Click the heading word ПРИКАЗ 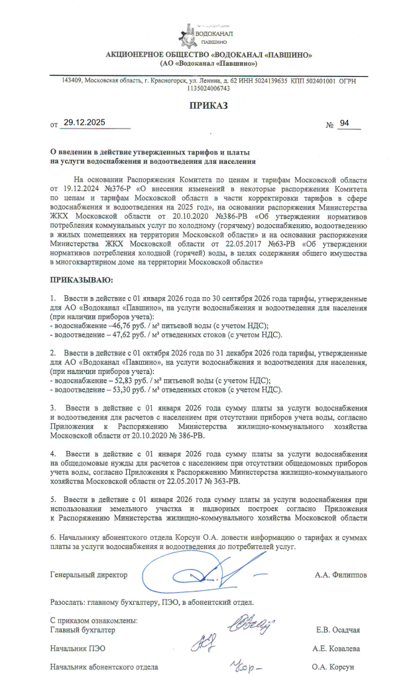(208, 105)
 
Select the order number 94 (344, 123)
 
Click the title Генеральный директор (89, 575)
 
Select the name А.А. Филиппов (340, 575)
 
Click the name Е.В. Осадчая (339, 629)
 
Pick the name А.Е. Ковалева (336, 648)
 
